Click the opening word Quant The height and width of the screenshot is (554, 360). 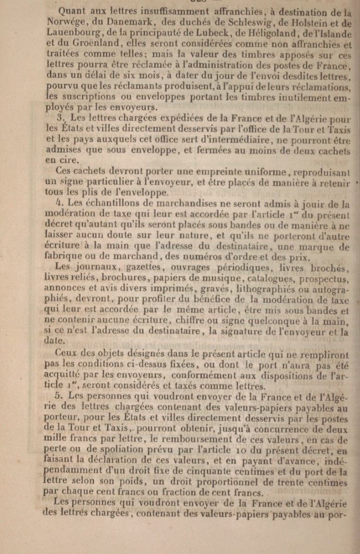(x=76, y=12)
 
